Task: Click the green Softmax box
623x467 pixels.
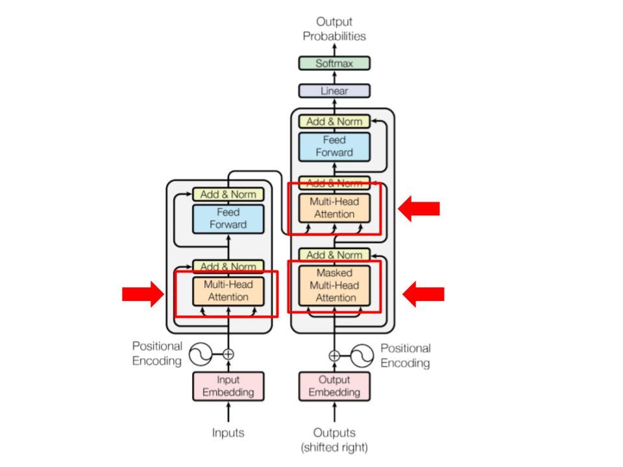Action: point(334,63)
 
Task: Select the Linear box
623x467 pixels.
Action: point(334,91)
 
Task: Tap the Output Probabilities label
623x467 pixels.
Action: point(334,29)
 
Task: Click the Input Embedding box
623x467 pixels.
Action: point(228,386)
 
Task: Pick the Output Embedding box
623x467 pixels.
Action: point(334,386)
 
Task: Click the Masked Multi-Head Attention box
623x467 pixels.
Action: point(334,285)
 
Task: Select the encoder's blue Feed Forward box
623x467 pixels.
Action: point(228,219)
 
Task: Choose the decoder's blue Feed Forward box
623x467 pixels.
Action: point(334,147)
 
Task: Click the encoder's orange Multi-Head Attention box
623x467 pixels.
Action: point(228,291)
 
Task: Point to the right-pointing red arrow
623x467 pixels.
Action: point(143,294)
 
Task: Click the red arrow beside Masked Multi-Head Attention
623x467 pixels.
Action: point(423,294)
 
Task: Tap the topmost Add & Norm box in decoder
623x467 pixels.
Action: point(334,121)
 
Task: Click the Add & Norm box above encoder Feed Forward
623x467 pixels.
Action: point(228,194)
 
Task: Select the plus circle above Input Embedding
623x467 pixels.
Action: point(228,354)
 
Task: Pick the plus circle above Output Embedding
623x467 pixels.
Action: point(334,355)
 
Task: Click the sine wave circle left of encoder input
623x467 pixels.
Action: point(201,354)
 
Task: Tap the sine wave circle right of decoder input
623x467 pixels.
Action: point(362,355)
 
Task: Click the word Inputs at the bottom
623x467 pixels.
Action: point(228,433)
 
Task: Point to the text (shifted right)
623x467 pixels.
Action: point(334,448)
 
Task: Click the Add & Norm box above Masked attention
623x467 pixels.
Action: point(334,254)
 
